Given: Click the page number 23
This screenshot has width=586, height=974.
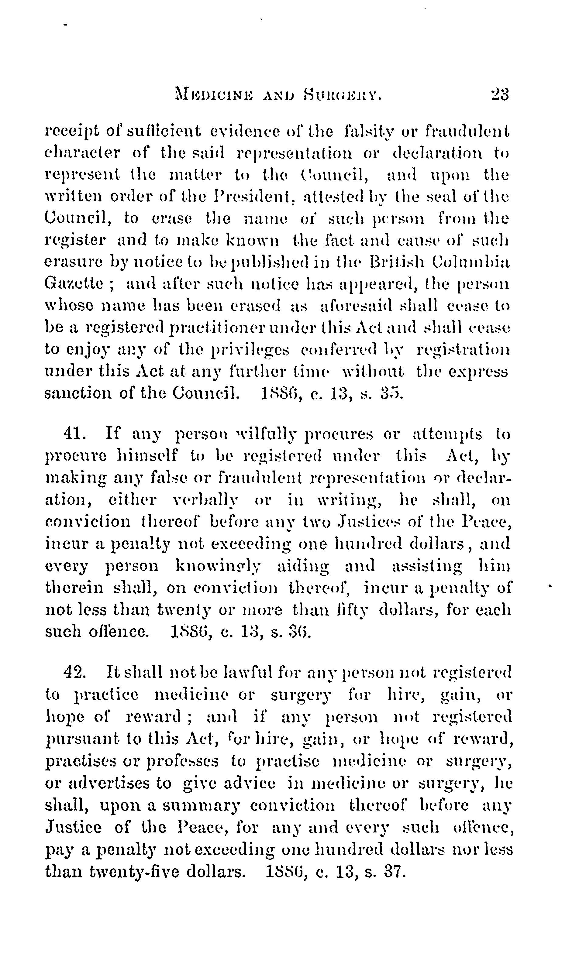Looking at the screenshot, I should click(x=500, y=95).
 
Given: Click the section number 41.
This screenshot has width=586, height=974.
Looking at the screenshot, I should click(x=75, y=434).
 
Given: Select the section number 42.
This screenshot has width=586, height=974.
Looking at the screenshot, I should click(x=75, y=672).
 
